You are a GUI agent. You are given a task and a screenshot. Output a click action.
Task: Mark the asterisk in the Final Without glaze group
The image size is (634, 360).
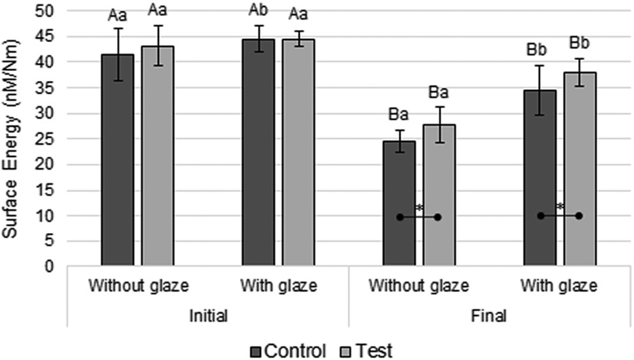click(x=419, y=208)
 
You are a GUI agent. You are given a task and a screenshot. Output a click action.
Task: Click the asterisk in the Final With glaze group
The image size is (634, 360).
click(x=560, y=207)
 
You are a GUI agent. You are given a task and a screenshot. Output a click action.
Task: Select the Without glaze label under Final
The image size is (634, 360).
click(x=419, y=285)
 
